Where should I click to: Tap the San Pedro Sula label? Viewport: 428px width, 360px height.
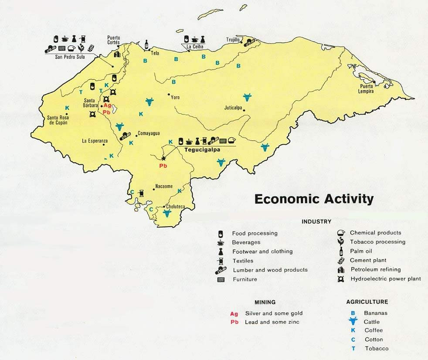click(x=70, y=57)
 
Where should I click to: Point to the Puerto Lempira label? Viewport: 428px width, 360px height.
click(x=367, y=88)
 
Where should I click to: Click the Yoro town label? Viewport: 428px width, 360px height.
click(x=175, y=97)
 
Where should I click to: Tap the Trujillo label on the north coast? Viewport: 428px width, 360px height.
click(x=233, y=40)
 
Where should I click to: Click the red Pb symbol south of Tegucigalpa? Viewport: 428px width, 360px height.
click(x=163, y=166)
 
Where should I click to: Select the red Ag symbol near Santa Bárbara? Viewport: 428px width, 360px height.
click(x=107, y=105)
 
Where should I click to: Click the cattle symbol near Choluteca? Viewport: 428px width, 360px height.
click(x=166, y=213)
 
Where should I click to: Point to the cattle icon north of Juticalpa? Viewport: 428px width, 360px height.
click(x=247, y=97)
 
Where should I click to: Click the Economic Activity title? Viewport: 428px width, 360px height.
click(x=314, y=199)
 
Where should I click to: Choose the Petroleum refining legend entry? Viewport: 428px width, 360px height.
click(x=375, y=269)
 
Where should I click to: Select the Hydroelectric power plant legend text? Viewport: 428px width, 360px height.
click(x=385, y=278)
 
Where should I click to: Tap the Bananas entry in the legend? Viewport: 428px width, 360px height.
click(x=376, y=313)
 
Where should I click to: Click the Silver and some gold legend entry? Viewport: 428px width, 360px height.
click(x=273, y=313)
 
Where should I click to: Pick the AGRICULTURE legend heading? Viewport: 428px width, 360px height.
click(x=367, y=302)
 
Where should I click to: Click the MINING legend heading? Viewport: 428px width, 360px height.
click(x=265, y=302)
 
